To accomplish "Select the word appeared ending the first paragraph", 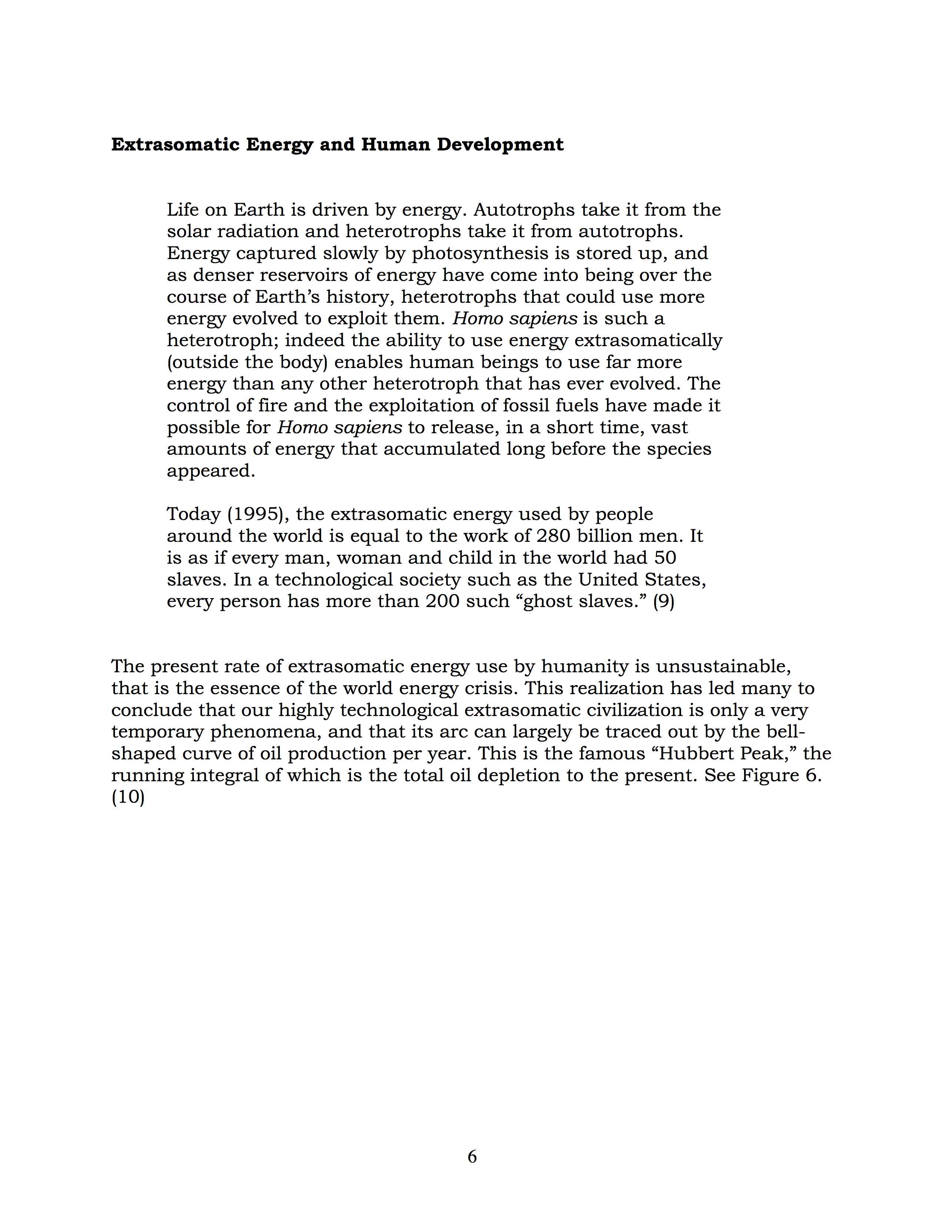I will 210,471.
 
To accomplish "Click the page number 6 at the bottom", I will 472,1156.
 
